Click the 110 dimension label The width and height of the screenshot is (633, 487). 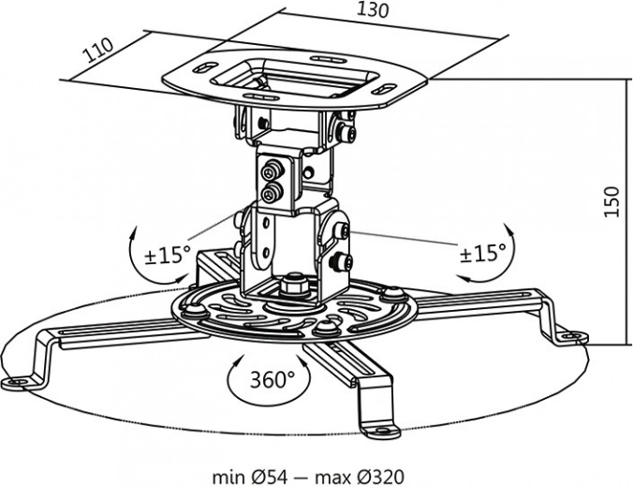tap(97, 48)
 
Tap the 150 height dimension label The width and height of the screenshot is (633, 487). tap(610, 202)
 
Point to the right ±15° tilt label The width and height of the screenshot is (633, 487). tap(482, 251)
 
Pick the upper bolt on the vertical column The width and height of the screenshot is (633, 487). tap(272, 172)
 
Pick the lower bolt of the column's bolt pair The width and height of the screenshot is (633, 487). tap(272, 194)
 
